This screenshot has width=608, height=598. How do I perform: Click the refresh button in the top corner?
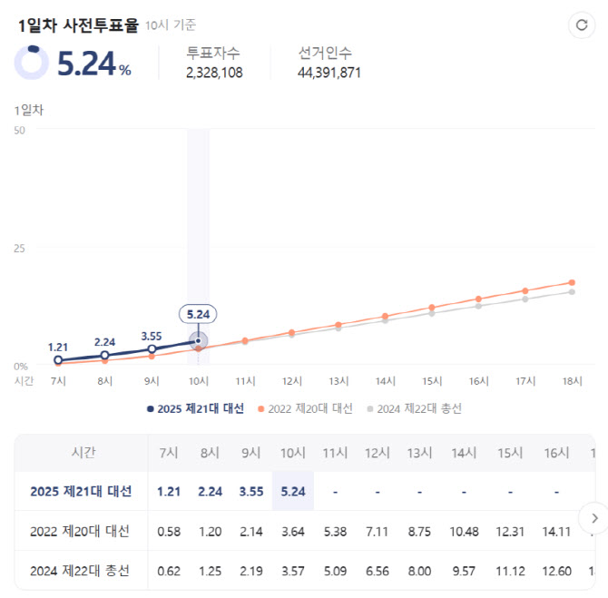point(581,25)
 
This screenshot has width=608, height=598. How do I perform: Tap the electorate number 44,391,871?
point(329,73)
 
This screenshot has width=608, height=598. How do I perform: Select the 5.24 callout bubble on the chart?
point(198,315)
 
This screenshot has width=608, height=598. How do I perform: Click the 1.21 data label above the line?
point(59,347)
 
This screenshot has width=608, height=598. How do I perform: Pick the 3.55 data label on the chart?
point(152,336)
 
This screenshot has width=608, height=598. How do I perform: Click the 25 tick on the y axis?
point(19,248)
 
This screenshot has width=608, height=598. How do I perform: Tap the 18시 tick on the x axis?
point(572,381)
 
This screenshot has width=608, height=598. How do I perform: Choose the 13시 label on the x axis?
point(338,381)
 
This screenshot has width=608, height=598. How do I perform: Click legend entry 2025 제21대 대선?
point(195,408)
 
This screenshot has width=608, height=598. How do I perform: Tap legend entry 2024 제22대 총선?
point(414,408)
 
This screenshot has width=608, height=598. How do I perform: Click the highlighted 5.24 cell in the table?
point(292,492)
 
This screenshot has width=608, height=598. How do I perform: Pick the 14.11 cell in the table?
point(556,532)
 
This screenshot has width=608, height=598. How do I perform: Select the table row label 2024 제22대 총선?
point(81,571)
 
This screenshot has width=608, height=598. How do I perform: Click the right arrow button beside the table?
point(593,518)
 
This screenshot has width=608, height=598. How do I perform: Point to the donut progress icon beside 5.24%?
point(32,62)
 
